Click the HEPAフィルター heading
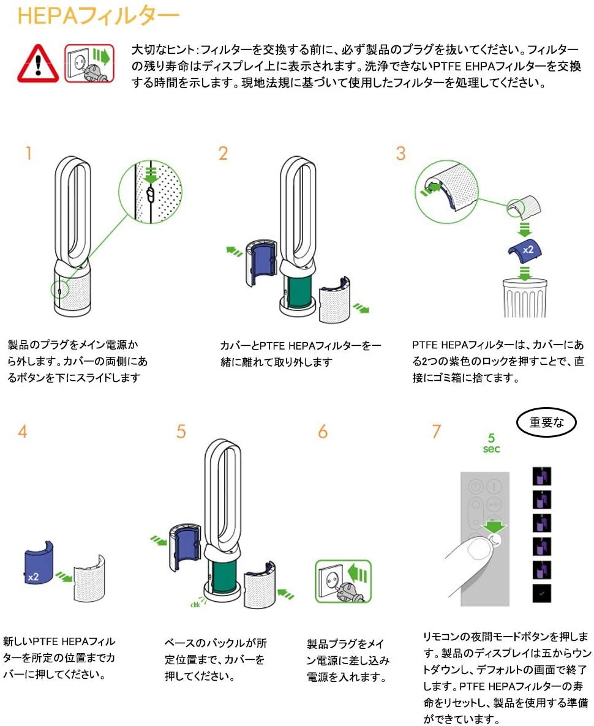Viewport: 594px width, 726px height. (98, 16)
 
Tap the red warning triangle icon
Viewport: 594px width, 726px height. (38, 63)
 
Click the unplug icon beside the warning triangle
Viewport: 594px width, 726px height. (89, 62)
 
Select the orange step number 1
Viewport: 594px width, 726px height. (28, 153)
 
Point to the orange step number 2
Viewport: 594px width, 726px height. (223, 153)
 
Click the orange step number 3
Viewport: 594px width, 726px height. (400, 153)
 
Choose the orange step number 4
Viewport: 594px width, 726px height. (23, 432)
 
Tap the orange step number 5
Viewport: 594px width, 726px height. (181, 432)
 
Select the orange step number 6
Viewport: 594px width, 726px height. (323, 432)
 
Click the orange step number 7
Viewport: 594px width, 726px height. (436, 432)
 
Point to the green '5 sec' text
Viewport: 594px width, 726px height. (491, 443)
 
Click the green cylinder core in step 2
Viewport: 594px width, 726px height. (298, 293)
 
